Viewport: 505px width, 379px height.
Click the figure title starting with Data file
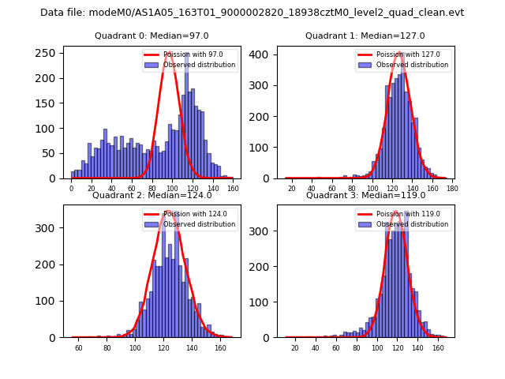[252, 13]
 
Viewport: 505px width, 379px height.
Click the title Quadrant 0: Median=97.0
[151, 36]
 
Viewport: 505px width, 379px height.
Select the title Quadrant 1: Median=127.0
[365, 36]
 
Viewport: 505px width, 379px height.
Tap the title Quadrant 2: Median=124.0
[151, 195]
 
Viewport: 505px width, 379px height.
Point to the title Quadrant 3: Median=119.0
[365, 195]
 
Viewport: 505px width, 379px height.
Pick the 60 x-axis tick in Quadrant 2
[79, 348]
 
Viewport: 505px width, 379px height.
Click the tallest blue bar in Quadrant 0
[186, 118]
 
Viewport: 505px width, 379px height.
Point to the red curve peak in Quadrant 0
[168, 53]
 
